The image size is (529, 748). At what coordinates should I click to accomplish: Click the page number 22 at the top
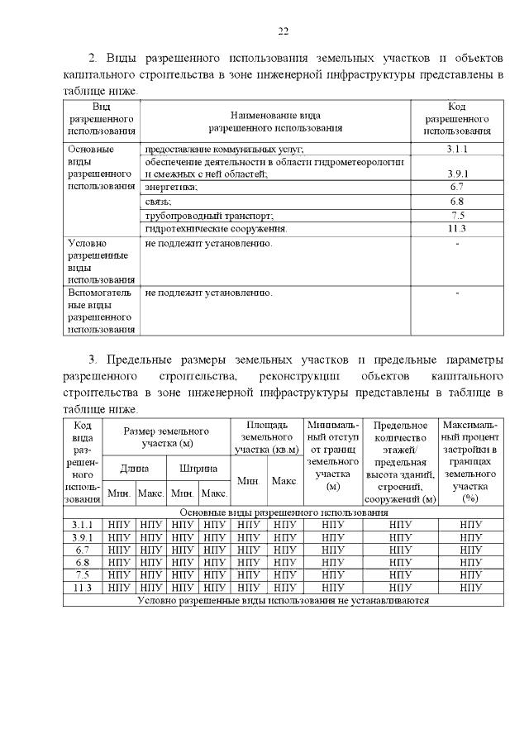282,31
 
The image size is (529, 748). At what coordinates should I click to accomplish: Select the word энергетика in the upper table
171,188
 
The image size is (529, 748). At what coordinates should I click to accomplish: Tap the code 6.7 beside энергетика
457,188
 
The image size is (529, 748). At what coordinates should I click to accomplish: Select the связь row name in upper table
158,202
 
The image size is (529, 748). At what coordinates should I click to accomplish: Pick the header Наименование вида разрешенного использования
275,122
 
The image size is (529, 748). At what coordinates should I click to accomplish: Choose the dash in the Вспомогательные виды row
457,293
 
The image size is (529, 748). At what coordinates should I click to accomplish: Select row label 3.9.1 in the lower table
83,536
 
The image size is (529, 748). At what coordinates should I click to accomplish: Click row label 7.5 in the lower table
83,574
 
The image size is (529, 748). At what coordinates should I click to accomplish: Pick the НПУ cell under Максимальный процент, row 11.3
470,588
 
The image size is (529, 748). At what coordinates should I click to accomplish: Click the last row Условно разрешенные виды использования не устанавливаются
283,600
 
